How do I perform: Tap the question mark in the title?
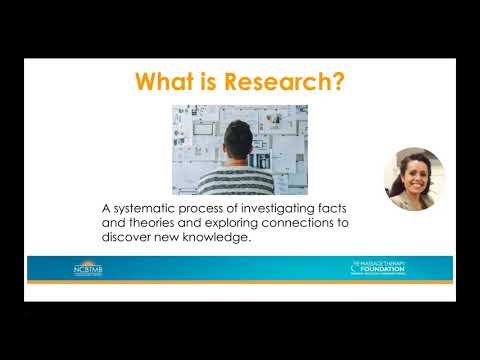point(340,81)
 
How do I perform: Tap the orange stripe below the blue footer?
point(240,282)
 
